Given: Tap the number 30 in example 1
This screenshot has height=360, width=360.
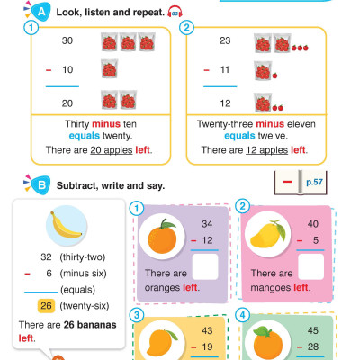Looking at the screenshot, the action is click(66, 41).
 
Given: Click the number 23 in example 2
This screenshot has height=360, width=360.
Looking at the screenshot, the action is click(226, 41).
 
